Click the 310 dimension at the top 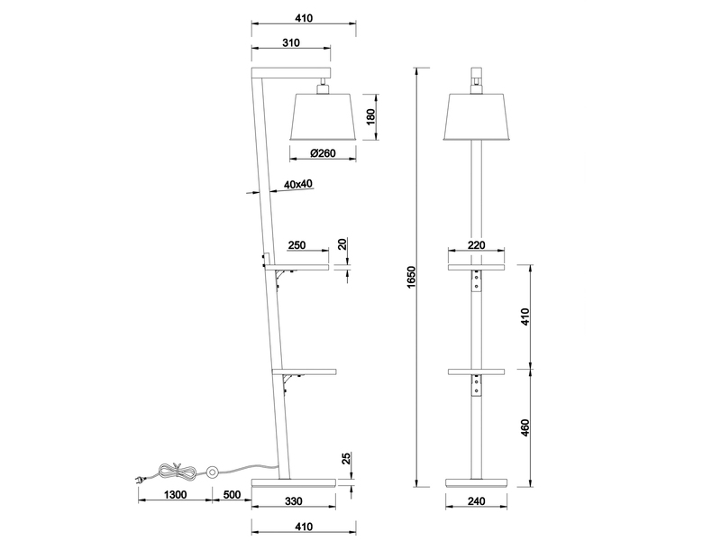pyautogui.click(x=290, y=42)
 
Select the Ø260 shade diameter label pyautogui.click(x=323, y=153)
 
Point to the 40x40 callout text pyautogui.click(x=297, y=184)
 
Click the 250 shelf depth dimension pyautogui.click(x=297, y=245)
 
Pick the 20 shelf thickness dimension pyautogui.click(x=342, y=245)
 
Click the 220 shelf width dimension pyautogui.click(x=477, y=245)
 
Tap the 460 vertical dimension pyautogui.click(x=525, y=426)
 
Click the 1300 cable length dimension pyautogui.click(x=176, y=495)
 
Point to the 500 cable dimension pyautogui.click(x=233, y=495)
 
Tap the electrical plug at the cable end pyautogui.click(x=142, y=478)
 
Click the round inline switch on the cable pyautogui.click(x=214, y=472)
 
